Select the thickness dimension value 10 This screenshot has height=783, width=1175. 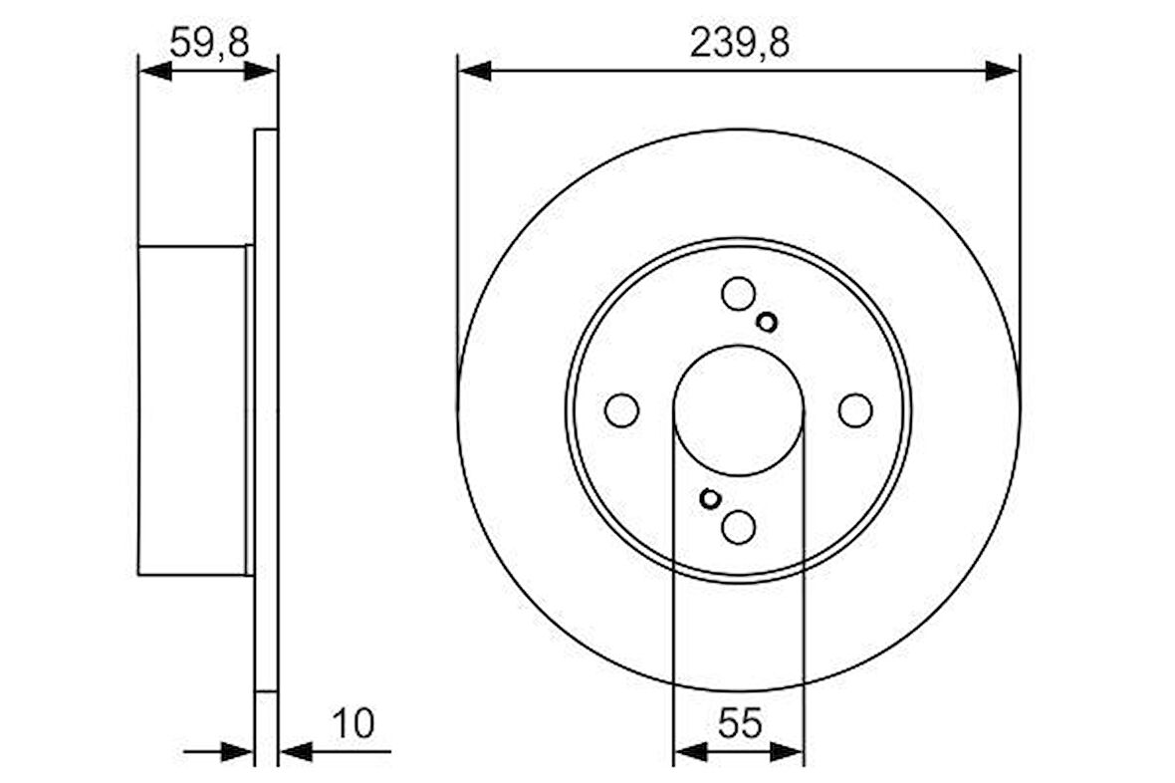tap(355, 723)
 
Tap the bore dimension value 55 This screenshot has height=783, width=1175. tap(738, 723)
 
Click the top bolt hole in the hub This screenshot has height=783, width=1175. tap(738, 294)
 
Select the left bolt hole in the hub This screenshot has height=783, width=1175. tap(621, 409)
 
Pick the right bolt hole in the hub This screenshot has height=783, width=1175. tap(855, 409)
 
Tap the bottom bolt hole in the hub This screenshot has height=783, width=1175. tap(738, 526)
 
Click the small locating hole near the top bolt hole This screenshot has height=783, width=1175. tap(767, 321)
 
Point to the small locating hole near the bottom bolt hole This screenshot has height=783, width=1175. tap(710, 498)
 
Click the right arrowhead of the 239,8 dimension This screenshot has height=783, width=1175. tap(1003, 71)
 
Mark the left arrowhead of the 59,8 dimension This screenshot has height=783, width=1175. tap(154, 71)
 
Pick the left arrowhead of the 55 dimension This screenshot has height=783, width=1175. tap(689, 751)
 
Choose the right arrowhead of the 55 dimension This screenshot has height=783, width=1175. tap(787, 751)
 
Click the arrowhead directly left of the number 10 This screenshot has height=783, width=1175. tap(297, 751)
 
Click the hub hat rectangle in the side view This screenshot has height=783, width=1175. tap(192, 409)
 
